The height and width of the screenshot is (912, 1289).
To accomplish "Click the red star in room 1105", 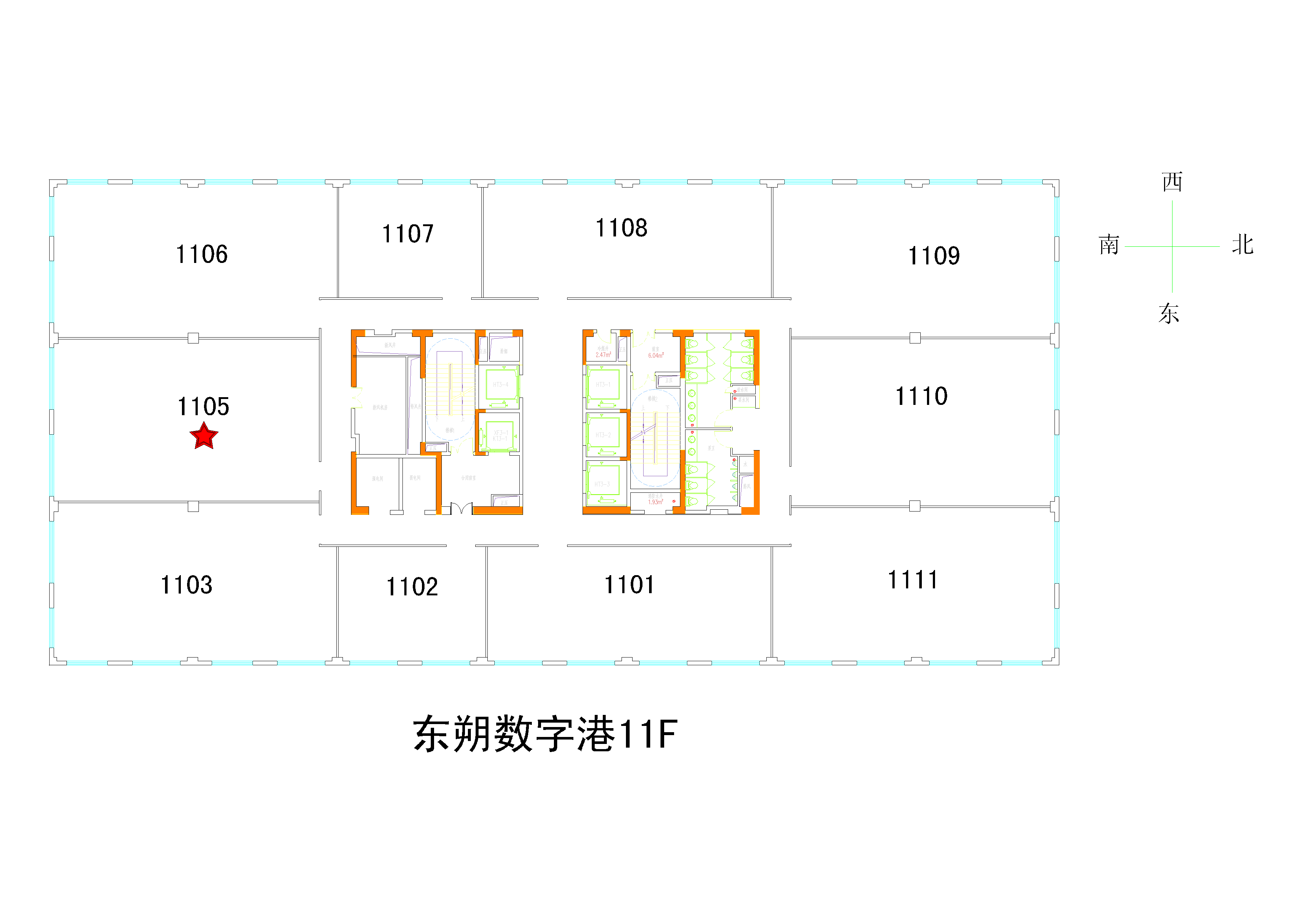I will (203, 437).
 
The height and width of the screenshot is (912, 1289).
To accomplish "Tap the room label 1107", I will (408, 234).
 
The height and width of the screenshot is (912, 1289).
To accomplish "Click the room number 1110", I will (921, 396).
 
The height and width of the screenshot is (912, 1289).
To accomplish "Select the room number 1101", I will (629, 585).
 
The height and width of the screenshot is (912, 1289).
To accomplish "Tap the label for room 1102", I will (412, 587).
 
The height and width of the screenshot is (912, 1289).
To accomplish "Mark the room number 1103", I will (186, 585).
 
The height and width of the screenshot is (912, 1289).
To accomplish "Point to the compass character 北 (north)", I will (1242, 245).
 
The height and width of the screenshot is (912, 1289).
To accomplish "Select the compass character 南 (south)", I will (1109, 245).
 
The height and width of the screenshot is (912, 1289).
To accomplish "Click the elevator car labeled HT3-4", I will (501, 385).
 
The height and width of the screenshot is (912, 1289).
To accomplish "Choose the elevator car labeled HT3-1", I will (603, 385).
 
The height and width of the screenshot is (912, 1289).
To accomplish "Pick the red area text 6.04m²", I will (656, 356).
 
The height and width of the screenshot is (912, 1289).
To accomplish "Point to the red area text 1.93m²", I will (655, 502).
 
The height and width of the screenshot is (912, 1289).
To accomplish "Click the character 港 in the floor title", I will (596, 734).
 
